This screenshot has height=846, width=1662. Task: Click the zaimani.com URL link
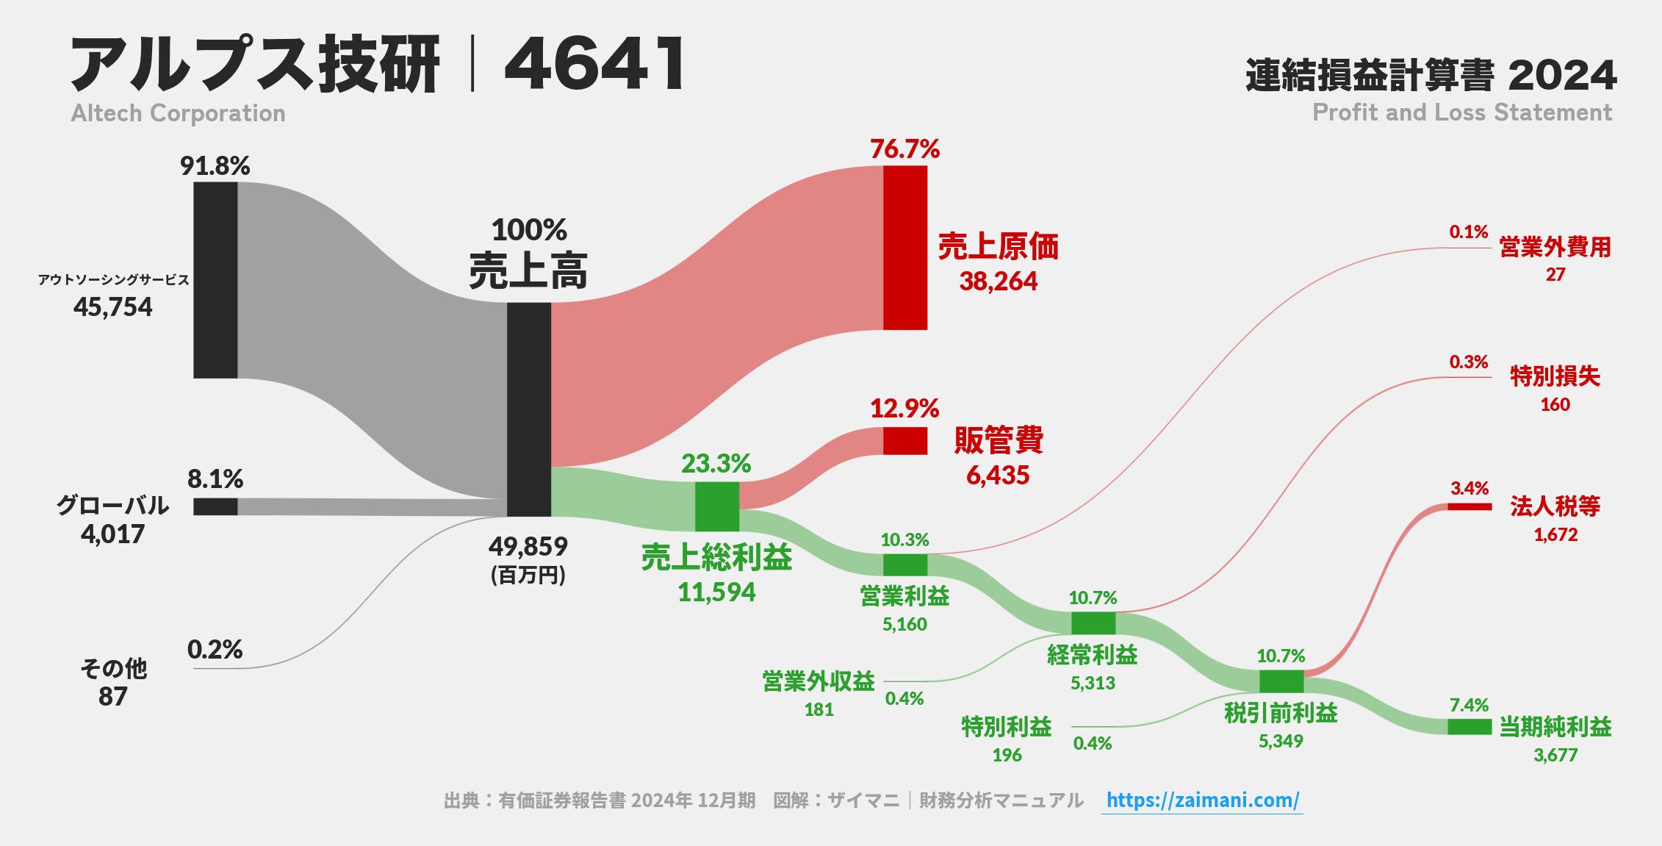point(1202,800)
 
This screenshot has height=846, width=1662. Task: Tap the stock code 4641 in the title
point(595,64)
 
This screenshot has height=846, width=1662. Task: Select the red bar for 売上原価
point(904,248)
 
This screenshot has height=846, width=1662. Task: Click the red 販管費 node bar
point(904,441)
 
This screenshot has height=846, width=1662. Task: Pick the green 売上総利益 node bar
point(716,506)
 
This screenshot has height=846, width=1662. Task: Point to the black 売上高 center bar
point(528,409)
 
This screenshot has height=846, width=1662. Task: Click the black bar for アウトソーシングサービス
point(215,280)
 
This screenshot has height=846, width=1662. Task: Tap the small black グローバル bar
point(215,506)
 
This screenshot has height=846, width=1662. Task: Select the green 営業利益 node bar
point(904,564)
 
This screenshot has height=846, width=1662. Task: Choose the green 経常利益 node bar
point(1093,623)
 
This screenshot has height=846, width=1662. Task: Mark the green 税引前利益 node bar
point(1281,681)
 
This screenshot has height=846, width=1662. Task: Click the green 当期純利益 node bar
point(1469,727)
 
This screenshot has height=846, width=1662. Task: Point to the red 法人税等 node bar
point(1469,506)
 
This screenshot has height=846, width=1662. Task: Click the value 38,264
point(998,282)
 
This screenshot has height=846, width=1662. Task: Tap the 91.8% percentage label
point(215,166)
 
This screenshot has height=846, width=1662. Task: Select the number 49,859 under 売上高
point(528,547)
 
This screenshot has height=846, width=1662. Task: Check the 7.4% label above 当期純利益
point(1469,706)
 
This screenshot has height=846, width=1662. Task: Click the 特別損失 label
point(1555,376)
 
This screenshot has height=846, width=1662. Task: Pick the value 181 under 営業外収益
point(819,710)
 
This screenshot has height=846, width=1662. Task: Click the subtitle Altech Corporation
point(179,113)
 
